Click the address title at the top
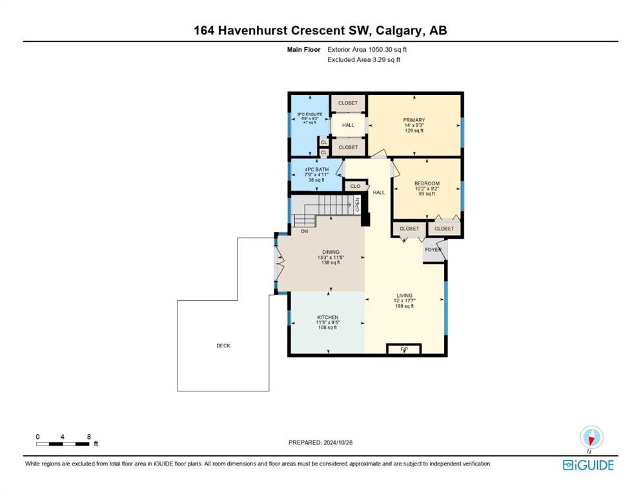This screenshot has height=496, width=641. click(320, 30)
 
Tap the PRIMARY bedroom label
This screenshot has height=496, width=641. click(414, 120)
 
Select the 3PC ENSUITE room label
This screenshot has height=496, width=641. click(309, 114)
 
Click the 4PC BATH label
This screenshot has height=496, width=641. click(316, 169)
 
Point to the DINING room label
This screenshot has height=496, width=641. click(331, 252)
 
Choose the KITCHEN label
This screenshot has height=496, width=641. click(328, 317)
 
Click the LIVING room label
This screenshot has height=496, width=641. click(404, 295)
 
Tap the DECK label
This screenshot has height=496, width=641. click(223, 346)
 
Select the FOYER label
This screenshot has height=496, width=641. click(433, 249)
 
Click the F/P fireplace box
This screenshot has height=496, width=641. click(404, 349)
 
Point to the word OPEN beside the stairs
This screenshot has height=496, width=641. click(357, 205)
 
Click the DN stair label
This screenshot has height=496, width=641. click(304, 231)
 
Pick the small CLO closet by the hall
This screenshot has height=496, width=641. click(355, 186)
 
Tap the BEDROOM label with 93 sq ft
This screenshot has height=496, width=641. click(427, 183)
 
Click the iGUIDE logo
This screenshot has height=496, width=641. click(588, 465)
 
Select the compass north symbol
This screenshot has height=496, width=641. click(591, 437)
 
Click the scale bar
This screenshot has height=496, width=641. click(63, 444)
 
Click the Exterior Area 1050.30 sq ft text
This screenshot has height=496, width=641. click(367, 50)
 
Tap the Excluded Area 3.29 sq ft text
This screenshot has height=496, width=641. click(363, 59)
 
